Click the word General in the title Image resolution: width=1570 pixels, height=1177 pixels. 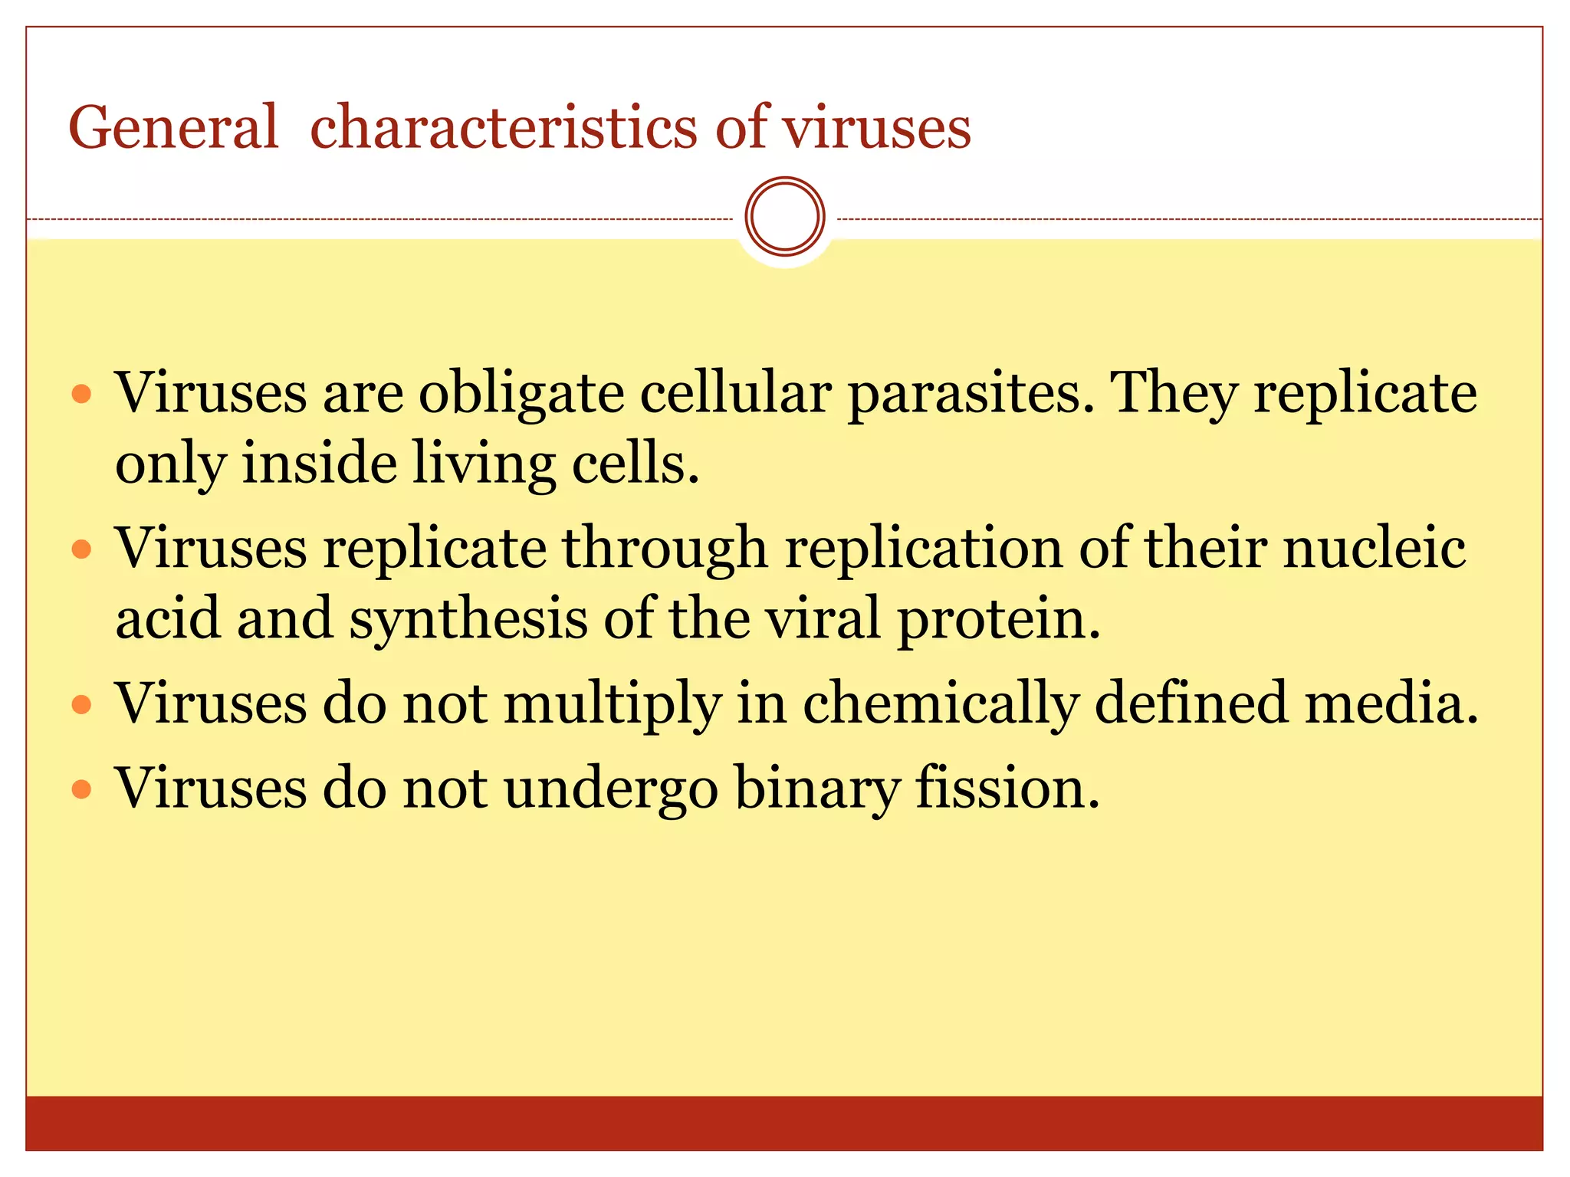[x=173, y=127]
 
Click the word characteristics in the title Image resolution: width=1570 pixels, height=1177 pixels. [x=504, y=127]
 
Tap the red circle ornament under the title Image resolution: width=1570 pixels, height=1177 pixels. [x=784, y=217]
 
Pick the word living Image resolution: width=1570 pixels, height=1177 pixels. [x=484, y=465]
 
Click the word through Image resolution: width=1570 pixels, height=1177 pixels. [x=665, y=550]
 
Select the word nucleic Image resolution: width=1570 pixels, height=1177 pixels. [x=1375, y=549]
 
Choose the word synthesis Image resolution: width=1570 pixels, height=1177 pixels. [x=468, y=619]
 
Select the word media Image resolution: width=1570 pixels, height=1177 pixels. [x=1391, y=703]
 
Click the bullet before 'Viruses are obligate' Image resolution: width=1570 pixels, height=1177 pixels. [x=81, y=395]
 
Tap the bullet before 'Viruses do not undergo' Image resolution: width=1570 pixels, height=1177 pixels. [x=81, y=789]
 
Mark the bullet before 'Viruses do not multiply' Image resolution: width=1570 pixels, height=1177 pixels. [x=81, y=705]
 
